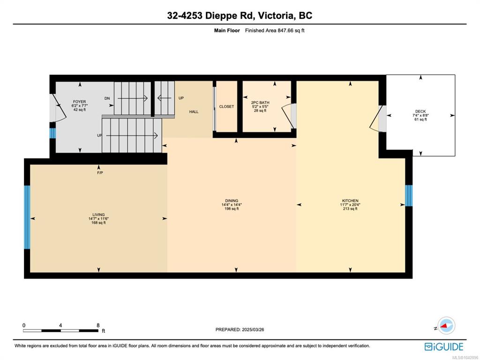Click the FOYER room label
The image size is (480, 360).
[x=79, y=102]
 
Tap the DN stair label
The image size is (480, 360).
[x=107, y=98]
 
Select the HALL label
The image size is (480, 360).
[x=194, y=112]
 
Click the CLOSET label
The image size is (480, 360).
[x=226, y=106]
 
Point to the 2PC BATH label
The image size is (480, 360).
[x=260, y=103]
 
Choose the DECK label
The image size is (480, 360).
[x=420, y=112]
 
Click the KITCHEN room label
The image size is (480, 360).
[x=350, y=201]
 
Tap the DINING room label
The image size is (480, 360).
[x=232, y=201]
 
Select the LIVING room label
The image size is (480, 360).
[x=98, y=215]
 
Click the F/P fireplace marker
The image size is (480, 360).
[x=100, y=173]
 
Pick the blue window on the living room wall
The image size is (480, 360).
[x=27, y=217]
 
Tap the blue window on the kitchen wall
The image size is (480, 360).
[x=409, y=195]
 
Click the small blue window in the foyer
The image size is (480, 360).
[x=52, y=134]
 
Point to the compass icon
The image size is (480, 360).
[x=446, y=326]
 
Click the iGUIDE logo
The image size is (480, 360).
[x=444, y=347]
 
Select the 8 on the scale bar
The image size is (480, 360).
[x=98, y=325]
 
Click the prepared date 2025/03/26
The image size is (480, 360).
[x=253, y=330]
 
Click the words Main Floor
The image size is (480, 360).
[x=227, y=30]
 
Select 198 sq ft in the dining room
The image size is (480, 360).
[x=232, y=209]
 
